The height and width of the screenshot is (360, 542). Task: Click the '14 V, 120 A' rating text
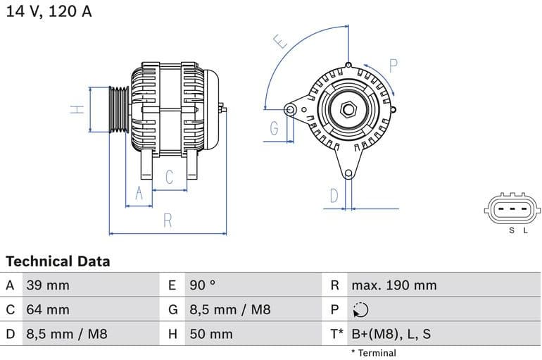(x=49, y=11)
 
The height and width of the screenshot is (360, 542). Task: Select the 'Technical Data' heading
(x=58, y=261)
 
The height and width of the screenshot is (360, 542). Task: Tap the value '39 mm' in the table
(x=48, y=285)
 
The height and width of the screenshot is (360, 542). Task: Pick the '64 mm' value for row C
(x=48, y=309)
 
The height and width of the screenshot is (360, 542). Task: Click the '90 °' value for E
(x=203, y=285)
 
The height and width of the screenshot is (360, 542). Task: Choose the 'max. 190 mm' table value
(x=393, y=285)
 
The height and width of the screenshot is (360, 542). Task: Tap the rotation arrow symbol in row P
(x=360, y=310)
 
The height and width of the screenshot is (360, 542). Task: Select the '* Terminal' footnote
(x=373, y=353)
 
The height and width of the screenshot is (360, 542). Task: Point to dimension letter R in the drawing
(x=168, y=221)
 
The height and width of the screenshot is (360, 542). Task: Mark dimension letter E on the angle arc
(x=282, y=42)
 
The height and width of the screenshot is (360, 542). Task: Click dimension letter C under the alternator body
(x=169, y=178)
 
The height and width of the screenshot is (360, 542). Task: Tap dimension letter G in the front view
(x=275, y=128)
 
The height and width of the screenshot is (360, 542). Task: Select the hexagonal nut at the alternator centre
(x=348, y=110)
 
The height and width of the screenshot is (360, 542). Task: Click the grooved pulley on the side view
(x=119, y=110)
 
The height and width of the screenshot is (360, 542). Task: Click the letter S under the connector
(x=512, y=230)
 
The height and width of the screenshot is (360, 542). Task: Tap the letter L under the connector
(x=524, y=230)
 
